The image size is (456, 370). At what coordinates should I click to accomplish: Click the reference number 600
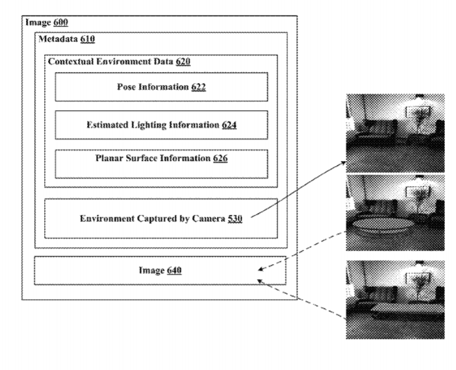(60, 22)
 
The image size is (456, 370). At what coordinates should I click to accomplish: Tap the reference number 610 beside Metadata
(88, 39)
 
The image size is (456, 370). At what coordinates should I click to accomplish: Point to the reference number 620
(183, 61)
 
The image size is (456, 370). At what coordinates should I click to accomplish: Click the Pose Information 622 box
(161, 87)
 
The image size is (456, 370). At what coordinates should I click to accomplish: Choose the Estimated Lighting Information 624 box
(161, 125)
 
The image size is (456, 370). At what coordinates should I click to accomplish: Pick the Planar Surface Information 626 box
(161, 164)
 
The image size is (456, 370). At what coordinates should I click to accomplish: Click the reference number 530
(235, 218)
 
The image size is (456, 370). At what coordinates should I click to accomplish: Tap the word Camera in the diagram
(209, 218)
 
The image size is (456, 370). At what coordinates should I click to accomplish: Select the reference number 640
(174, 270)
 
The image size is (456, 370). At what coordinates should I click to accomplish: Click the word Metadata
(58, 39)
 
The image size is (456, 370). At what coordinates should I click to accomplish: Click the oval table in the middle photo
(383, 225)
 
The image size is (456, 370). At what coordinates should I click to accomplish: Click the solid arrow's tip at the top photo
(346, 162)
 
